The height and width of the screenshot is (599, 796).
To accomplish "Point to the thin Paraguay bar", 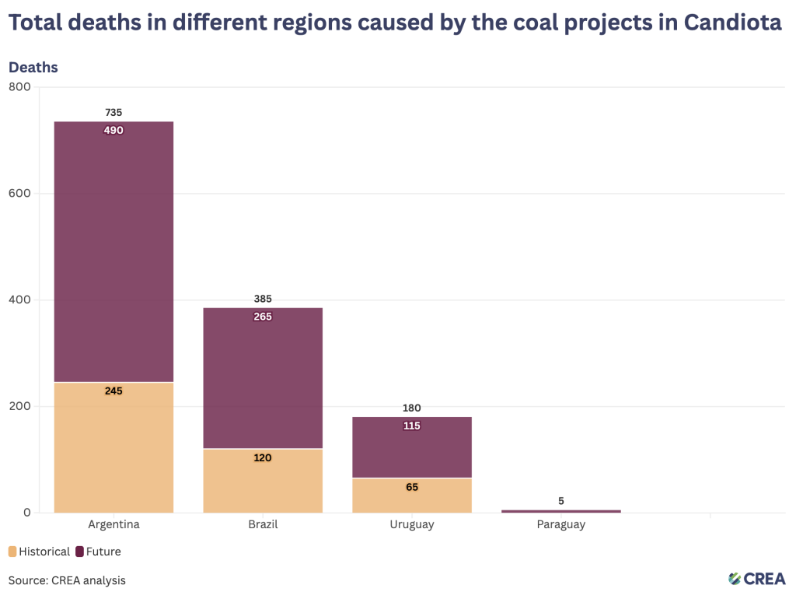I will click(561, 511).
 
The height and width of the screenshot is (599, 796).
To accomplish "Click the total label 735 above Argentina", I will click(113, 112).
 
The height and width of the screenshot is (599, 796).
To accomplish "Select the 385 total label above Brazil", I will click(263, 299).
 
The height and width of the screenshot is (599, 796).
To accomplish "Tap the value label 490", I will click(113, 130).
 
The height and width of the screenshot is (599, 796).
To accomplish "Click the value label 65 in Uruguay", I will click(412, 487).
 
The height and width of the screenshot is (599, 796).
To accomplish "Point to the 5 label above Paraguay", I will click(561, 501).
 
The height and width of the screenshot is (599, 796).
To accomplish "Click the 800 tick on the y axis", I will click(20, 87).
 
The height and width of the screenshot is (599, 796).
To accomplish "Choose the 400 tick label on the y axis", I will click(20, 299).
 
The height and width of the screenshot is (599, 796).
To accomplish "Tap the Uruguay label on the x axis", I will click(412, 524).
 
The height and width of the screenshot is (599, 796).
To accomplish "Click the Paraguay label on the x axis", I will click(561, 524).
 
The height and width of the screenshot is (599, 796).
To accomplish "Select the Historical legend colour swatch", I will click(12, 552).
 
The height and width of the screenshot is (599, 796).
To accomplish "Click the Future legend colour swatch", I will click(79, 552).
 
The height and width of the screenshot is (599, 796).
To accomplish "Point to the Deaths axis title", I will click(33, 67).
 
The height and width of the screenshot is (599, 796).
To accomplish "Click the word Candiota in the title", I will click(732, 23).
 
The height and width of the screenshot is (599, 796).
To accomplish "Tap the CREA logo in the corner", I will click(758, 578).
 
